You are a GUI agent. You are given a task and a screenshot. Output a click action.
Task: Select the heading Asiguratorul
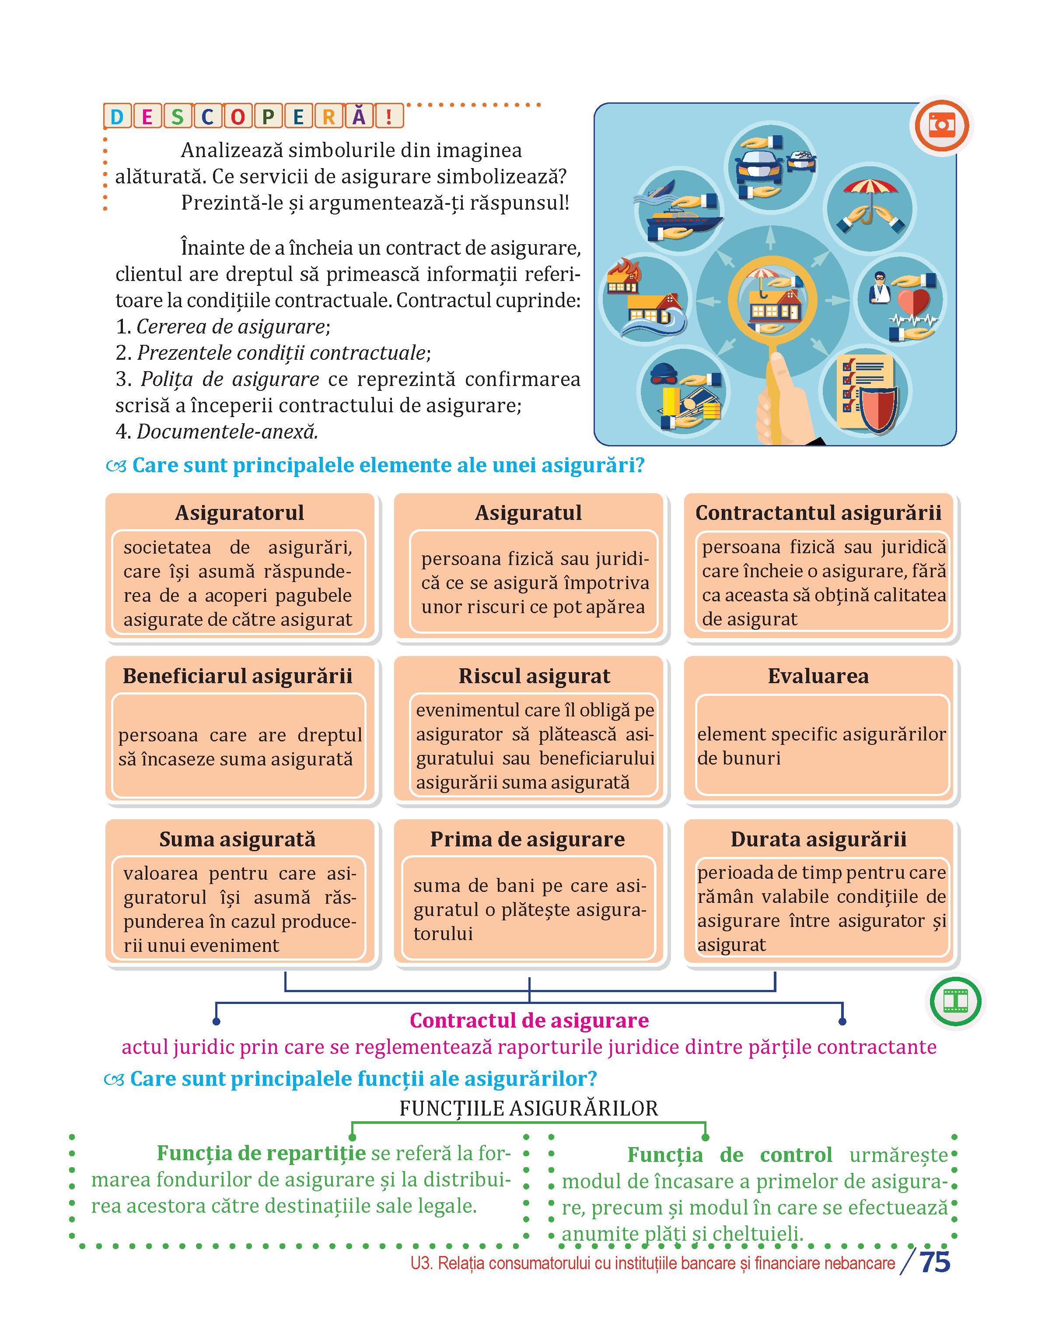pos(239,513)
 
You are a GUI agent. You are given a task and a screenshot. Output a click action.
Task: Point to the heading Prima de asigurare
pos(528,839)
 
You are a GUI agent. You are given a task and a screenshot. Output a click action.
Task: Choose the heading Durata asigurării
pos(818,839)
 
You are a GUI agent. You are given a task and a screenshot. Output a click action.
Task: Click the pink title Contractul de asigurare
pos(529,1020)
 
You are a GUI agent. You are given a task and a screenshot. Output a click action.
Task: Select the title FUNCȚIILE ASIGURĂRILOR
pos(529,1108)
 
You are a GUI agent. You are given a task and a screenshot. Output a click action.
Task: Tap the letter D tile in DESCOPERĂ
pos(116,117)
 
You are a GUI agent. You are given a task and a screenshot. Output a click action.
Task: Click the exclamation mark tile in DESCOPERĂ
pos(389,117)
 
